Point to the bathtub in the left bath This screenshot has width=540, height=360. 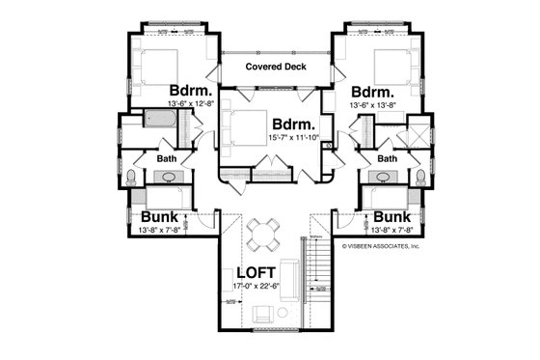[157, 123]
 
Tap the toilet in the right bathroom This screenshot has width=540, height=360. [419, 177]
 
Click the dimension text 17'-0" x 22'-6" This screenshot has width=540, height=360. [256, 287]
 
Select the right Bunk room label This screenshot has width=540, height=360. [391, 217]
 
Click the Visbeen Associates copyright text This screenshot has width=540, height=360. [382, 246]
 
